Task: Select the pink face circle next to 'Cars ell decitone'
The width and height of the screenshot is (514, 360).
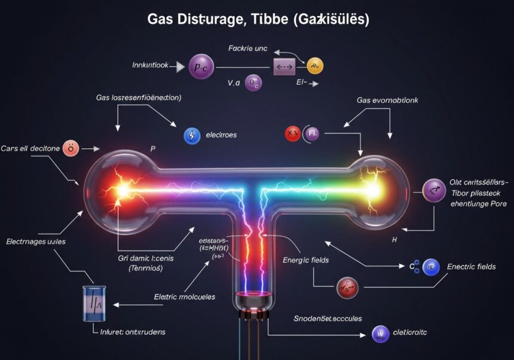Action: tap(71, 148)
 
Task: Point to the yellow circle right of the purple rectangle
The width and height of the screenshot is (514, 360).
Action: tap(315, 65)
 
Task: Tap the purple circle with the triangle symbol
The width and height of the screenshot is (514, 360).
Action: tap(433, 191)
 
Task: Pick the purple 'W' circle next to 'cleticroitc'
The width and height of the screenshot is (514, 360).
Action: tap(380, 334)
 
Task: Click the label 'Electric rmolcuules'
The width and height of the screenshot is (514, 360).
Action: tap(184, 297)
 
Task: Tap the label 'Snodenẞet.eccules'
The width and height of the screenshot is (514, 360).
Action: tap(328, 319)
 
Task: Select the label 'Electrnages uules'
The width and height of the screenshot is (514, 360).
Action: tap(36, 242)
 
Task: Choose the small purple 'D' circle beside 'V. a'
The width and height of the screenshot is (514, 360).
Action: tap(253, 83)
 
